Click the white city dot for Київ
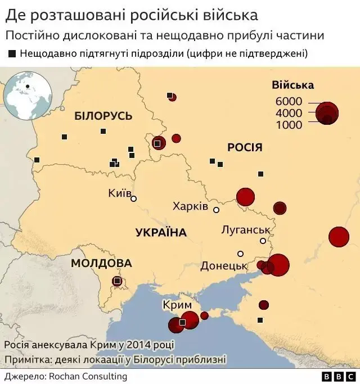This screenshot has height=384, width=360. tap(134, 198)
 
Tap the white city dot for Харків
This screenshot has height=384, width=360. tap(216, 209)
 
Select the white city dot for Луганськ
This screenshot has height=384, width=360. tap(263, 241)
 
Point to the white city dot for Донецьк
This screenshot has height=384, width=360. tap(240, 254)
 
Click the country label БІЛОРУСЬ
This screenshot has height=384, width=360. tap(103, 116)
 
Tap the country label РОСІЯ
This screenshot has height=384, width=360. tap(245, 147)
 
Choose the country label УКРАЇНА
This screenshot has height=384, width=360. tap(161, 233)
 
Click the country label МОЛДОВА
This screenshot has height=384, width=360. tap(101, 263)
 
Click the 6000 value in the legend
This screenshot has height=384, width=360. tap(289, 102)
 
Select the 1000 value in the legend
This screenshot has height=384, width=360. tap(289, 125)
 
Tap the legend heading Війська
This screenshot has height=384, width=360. tap(292, 85)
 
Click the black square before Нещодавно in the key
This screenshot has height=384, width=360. tap(12, 54)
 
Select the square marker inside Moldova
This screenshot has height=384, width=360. tap(117, 281)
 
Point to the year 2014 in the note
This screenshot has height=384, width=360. tap(130, 344)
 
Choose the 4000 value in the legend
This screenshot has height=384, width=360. tap(289, 113)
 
